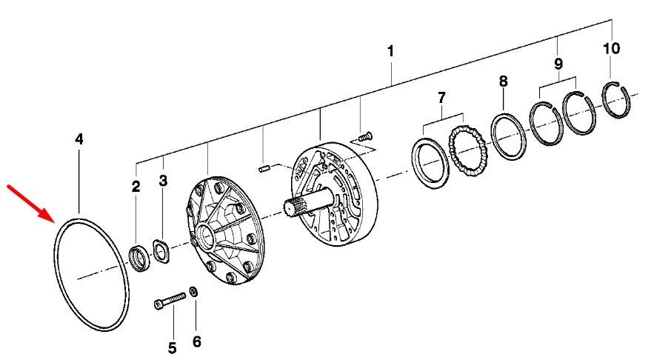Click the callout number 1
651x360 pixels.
click(390, 52)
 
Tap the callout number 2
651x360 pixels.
click(136, 187)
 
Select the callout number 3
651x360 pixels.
click(163, 181)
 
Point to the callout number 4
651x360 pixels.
click(79, 139)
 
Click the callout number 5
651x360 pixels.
click(172, 348)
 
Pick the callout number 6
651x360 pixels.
click(197, 341)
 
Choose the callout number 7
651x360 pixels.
click(441, 98)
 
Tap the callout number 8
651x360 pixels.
click(503, 81)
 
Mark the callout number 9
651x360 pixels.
click(558, 64)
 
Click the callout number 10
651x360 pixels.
click(611, 49)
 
